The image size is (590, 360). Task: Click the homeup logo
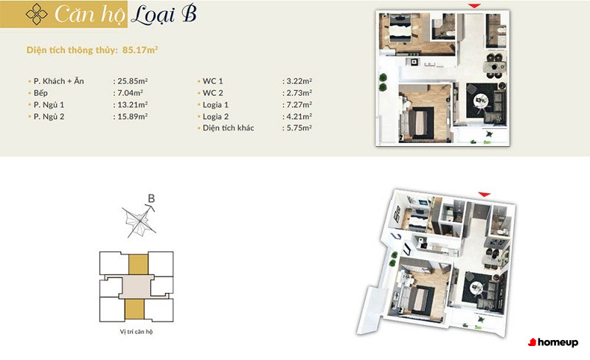click(553, 342)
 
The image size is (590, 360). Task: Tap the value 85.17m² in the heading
click(140, 49)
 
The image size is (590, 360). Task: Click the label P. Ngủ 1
click(49, 105)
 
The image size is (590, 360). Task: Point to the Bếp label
click(41, 93)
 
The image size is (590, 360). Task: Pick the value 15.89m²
click(133, 117)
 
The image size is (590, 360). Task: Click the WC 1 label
click(212, 81)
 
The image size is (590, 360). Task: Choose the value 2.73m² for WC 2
click(299, 93)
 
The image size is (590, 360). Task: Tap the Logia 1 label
click(215, 105)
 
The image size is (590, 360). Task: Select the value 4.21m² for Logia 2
click(299, 117)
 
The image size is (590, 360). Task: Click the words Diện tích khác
click(229, 128)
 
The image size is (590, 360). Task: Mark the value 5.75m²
click(299, 128)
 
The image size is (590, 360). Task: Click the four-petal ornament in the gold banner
click(36, 14)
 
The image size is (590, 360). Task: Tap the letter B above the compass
click(151, 198)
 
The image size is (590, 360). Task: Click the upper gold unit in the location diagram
click(139, 264)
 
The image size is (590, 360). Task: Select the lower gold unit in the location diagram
click(135, 309)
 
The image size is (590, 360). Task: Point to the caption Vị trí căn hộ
click(136, 332)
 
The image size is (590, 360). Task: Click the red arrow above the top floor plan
click(474, 6)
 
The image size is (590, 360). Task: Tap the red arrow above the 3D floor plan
click(485, 194)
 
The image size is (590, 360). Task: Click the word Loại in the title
click(153, 15)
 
